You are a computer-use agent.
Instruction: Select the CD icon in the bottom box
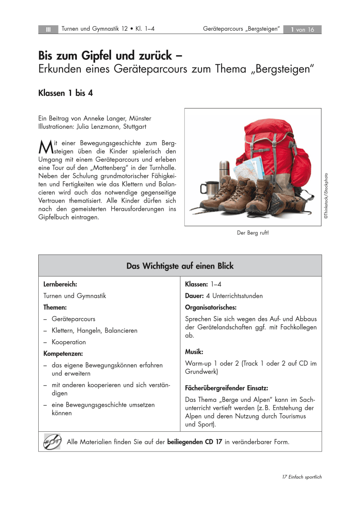[x=52, y=442]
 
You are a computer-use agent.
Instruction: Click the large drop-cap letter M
[x=45, y=147]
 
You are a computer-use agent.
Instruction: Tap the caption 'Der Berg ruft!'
[x=253, y=232]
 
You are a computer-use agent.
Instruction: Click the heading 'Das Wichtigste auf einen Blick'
[x=180, y=266]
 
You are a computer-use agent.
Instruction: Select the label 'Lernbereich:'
[x=60, y=284]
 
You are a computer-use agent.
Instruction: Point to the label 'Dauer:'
[x=194, y=296]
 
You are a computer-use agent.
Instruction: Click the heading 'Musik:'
[x=194, y=351]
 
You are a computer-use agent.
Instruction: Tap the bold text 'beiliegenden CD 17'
[x=195, y=442]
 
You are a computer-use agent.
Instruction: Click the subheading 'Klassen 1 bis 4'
[x=65, y=93]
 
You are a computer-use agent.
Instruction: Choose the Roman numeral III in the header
[x=48, y=29]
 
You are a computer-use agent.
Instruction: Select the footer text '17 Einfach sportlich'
[x=302, y=477]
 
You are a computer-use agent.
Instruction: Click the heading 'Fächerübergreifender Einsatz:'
[x=226, y=388]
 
